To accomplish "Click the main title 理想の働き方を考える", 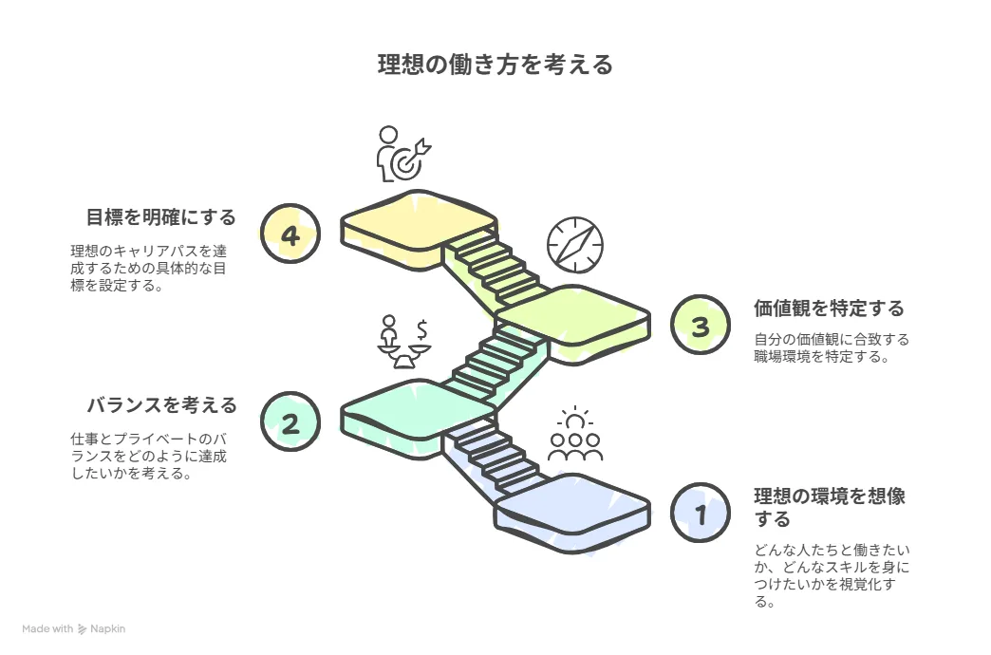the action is tap(495, 65).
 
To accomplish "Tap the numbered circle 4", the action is tap(290, 234).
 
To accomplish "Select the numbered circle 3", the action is tap(701, 325).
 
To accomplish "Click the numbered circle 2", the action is tap(290, 421).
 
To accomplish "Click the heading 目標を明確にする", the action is tap(161, 217).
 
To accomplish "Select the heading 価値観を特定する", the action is tap(829, 309).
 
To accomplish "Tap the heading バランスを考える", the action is tap(161, 405).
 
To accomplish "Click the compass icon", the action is tap(575, 245).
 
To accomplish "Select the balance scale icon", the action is tap(403, 342).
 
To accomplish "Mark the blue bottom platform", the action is tap(572, 512).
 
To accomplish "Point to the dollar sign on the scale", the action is tap(422, 329).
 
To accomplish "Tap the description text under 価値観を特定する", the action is tap(832, 348).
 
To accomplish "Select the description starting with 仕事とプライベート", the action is tap(148, 456).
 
